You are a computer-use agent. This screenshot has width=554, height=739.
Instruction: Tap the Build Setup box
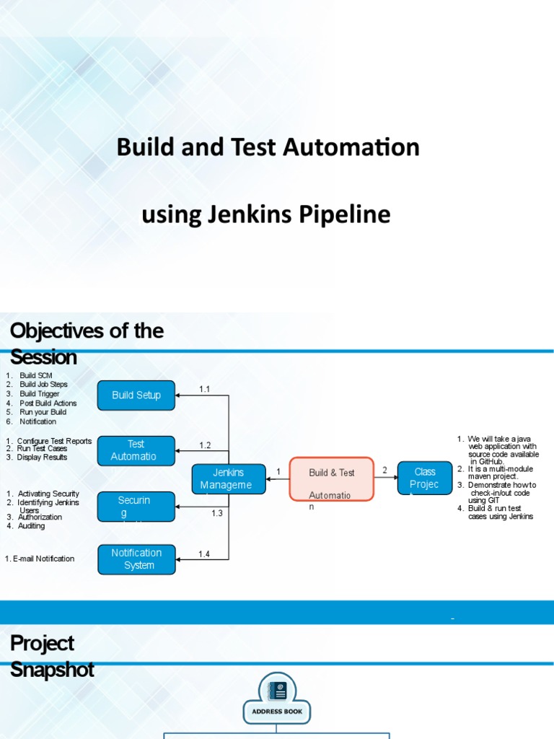(136, 395)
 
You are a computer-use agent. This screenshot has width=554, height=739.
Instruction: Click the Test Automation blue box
(136, 450)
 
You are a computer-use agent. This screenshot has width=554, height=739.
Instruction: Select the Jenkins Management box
(229, 479)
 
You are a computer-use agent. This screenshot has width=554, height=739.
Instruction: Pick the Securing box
(136, 507)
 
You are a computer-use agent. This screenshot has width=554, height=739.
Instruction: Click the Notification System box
(136, 559)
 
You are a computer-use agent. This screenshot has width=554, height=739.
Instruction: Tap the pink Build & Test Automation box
(332, 479)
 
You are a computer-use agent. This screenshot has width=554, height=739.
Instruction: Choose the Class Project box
(425, 478)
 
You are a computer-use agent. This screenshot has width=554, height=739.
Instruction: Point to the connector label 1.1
(205, 389)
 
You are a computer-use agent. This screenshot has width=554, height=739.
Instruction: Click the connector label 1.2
(205, 445)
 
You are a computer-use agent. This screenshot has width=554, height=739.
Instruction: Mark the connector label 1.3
(217, 513)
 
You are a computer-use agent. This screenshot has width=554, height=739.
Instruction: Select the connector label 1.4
(205, 554)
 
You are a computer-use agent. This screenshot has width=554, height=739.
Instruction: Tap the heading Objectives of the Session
(87, 344)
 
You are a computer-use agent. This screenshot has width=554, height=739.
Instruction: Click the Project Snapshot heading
(52, 655)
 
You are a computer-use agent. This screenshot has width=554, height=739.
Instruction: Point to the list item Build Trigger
(40, 394)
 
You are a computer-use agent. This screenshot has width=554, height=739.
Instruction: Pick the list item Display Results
(42, 457)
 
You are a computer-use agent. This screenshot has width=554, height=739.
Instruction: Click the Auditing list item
(31, 526)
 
